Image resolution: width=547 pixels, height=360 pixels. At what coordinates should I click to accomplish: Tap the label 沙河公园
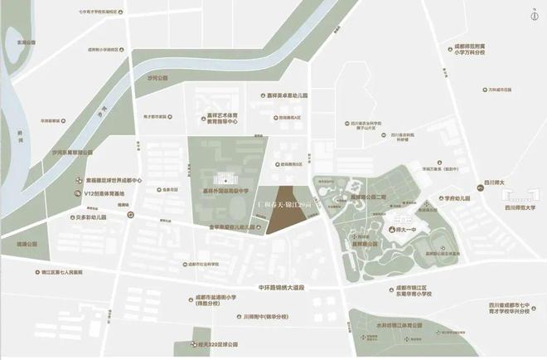tap(157, 77)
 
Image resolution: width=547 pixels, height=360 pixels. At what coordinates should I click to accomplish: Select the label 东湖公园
tap(22, 41)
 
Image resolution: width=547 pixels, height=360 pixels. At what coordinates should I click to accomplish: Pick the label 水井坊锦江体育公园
tap(395, 328)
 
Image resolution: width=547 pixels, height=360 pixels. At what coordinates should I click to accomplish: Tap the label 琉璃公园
tap(27, 245)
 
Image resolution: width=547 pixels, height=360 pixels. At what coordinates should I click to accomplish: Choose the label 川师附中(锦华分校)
tap(254, 316)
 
